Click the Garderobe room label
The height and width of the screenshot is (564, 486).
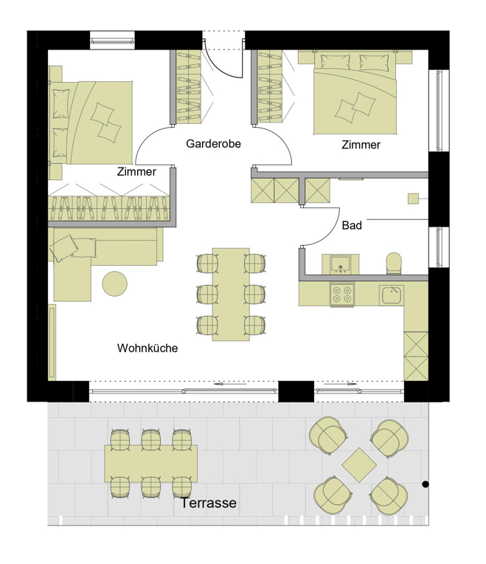click(213, 144)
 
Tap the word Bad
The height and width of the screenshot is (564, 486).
click(352, 226)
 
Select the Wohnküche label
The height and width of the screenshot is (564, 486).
click(147, 348)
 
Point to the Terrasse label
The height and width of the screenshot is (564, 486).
click(208, 503)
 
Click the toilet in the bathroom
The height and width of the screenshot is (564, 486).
click(394, 264)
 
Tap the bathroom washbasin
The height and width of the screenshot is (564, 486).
click(340, 264)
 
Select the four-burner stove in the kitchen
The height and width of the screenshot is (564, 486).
click(342, 295)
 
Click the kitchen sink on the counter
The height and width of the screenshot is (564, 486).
click(392, 295)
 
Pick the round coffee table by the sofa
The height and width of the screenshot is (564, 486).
click(114, 283)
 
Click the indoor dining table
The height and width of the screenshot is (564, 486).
click(231, 295)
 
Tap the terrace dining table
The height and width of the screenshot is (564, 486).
click(151, 464)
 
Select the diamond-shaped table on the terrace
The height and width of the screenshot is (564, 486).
click(359, 465)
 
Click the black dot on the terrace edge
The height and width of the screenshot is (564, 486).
click(426, 484)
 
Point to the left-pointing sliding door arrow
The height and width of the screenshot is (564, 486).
click(230, 384)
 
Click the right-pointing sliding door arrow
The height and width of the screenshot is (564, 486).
click(341, 384)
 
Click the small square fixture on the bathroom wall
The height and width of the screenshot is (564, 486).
click(413, 199)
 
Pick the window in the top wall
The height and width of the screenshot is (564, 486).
click(112, 40)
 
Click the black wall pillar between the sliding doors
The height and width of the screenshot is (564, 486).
click(296, 391)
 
